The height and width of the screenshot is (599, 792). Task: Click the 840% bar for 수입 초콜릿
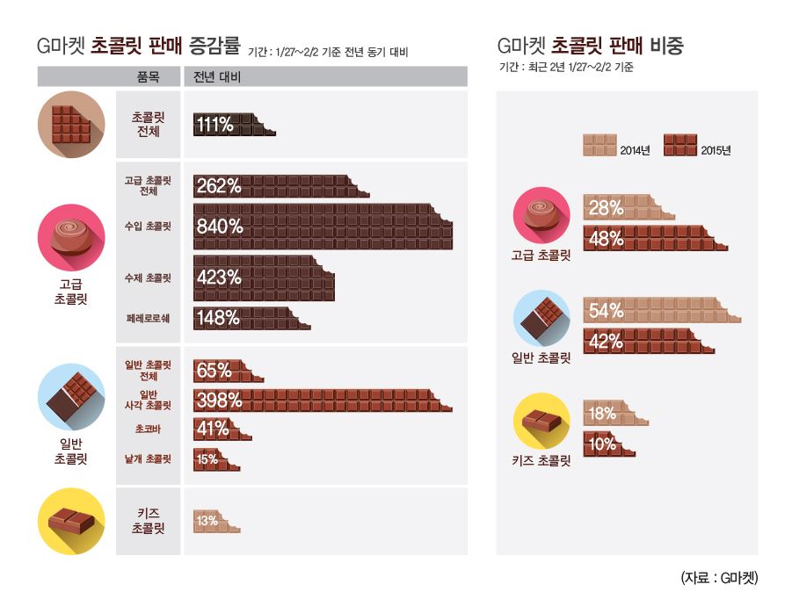(x=322, y=227)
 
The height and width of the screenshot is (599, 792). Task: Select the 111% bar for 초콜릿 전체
(x=233, y=125)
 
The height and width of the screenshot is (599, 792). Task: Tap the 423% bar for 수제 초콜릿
(x=263, y=278)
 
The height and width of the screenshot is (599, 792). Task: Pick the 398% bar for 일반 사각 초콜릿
(x=322, y=401)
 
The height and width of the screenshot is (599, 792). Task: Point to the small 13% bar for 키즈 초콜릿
(x=215, y=521)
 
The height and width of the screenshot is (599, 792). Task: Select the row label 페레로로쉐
(x=148, y=319)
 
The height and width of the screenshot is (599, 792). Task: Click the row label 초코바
(x=148, y=429)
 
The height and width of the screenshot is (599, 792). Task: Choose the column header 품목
(x=148, y=77)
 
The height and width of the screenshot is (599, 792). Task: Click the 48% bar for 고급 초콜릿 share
(x=655, y=238)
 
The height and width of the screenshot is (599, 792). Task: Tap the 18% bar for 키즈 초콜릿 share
(x=614, y=413)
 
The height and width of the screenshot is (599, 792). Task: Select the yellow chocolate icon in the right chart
(x=541, y=421)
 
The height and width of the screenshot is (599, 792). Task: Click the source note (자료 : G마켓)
(x=718, y=577)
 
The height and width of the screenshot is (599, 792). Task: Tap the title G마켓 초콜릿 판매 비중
(x=590, y=47)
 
